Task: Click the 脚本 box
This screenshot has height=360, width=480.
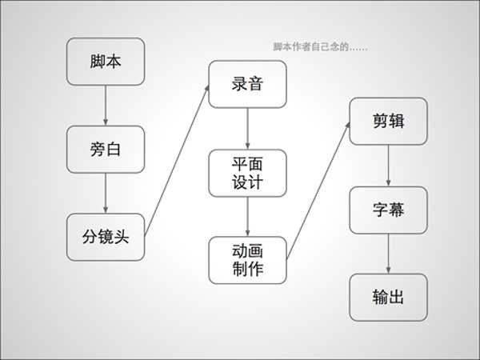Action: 106,62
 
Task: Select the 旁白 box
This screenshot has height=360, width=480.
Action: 106,149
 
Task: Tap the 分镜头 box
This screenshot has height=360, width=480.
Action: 106,236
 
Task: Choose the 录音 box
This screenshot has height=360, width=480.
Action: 247,84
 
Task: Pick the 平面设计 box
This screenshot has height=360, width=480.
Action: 247,172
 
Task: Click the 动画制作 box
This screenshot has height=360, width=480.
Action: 247,259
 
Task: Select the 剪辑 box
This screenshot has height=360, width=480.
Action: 388,122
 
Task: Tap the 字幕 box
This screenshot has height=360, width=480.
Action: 388,210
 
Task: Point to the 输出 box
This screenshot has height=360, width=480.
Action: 388,297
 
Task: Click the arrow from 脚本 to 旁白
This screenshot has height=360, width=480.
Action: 106,105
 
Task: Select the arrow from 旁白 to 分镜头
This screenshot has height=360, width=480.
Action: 106,193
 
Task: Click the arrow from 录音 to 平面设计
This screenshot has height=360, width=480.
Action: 247,128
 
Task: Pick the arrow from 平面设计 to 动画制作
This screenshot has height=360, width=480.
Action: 247,215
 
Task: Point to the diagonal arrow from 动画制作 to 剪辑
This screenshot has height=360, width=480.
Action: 318,192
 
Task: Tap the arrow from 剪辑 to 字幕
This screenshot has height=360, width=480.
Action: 388,166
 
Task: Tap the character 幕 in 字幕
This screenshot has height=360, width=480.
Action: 397,210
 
